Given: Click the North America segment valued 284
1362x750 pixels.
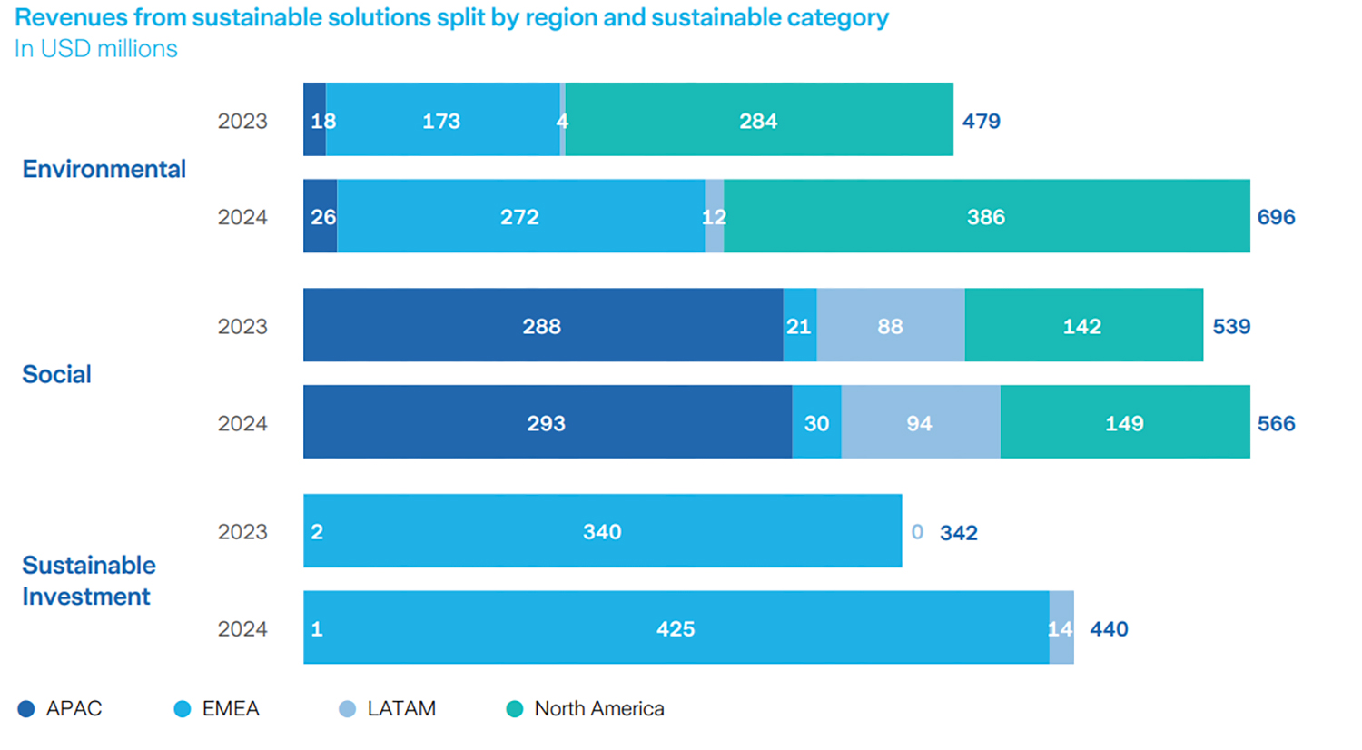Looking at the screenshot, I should click(x=758, y=120).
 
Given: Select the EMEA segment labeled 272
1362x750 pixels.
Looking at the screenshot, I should click(x=520, y=216).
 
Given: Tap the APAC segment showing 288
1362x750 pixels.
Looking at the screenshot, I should click(x=542, y=326).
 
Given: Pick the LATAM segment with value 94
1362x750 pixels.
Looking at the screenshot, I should click(x=920, y=422).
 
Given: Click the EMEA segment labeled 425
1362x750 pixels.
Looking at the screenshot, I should click(x=676, y=628).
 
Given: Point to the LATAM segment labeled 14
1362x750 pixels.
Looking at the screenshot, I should click(x=1061, y=628).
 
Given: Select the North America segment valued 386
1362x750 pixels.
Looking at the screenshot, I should click(x=986, y=216).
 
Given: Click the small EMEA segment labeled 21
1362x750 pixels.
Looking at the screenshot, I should click(x=799, y=326).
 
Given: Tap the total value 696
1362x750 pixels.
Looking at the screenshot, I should click(x=1276, y=217).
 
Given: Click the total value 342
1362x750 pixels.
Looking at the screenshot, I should click(x=958, y=533).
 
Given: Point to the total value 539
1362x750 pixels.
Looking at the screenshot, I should click(x=1231, y=327).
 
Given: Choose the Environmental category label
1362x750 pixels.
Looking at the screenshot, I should click(x=104, y=169).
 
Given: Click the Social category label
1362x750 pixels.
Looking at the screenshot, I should click(x=56, y=374).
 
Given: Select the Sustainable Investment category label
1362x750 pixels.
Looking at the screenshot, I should click(x=88, y=580).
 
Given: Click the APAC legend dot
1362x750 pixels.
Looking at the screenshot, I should click(x=26, y=709).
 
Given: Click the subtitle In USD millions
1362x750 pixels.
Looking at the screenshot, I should click(x=95, y=49).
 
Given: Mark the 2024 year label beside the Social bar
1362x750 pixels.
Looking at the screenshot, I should click(x=242, y=423).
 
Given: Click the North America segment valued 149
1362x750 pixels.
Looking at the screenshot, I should click(x=1124, y=422).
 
